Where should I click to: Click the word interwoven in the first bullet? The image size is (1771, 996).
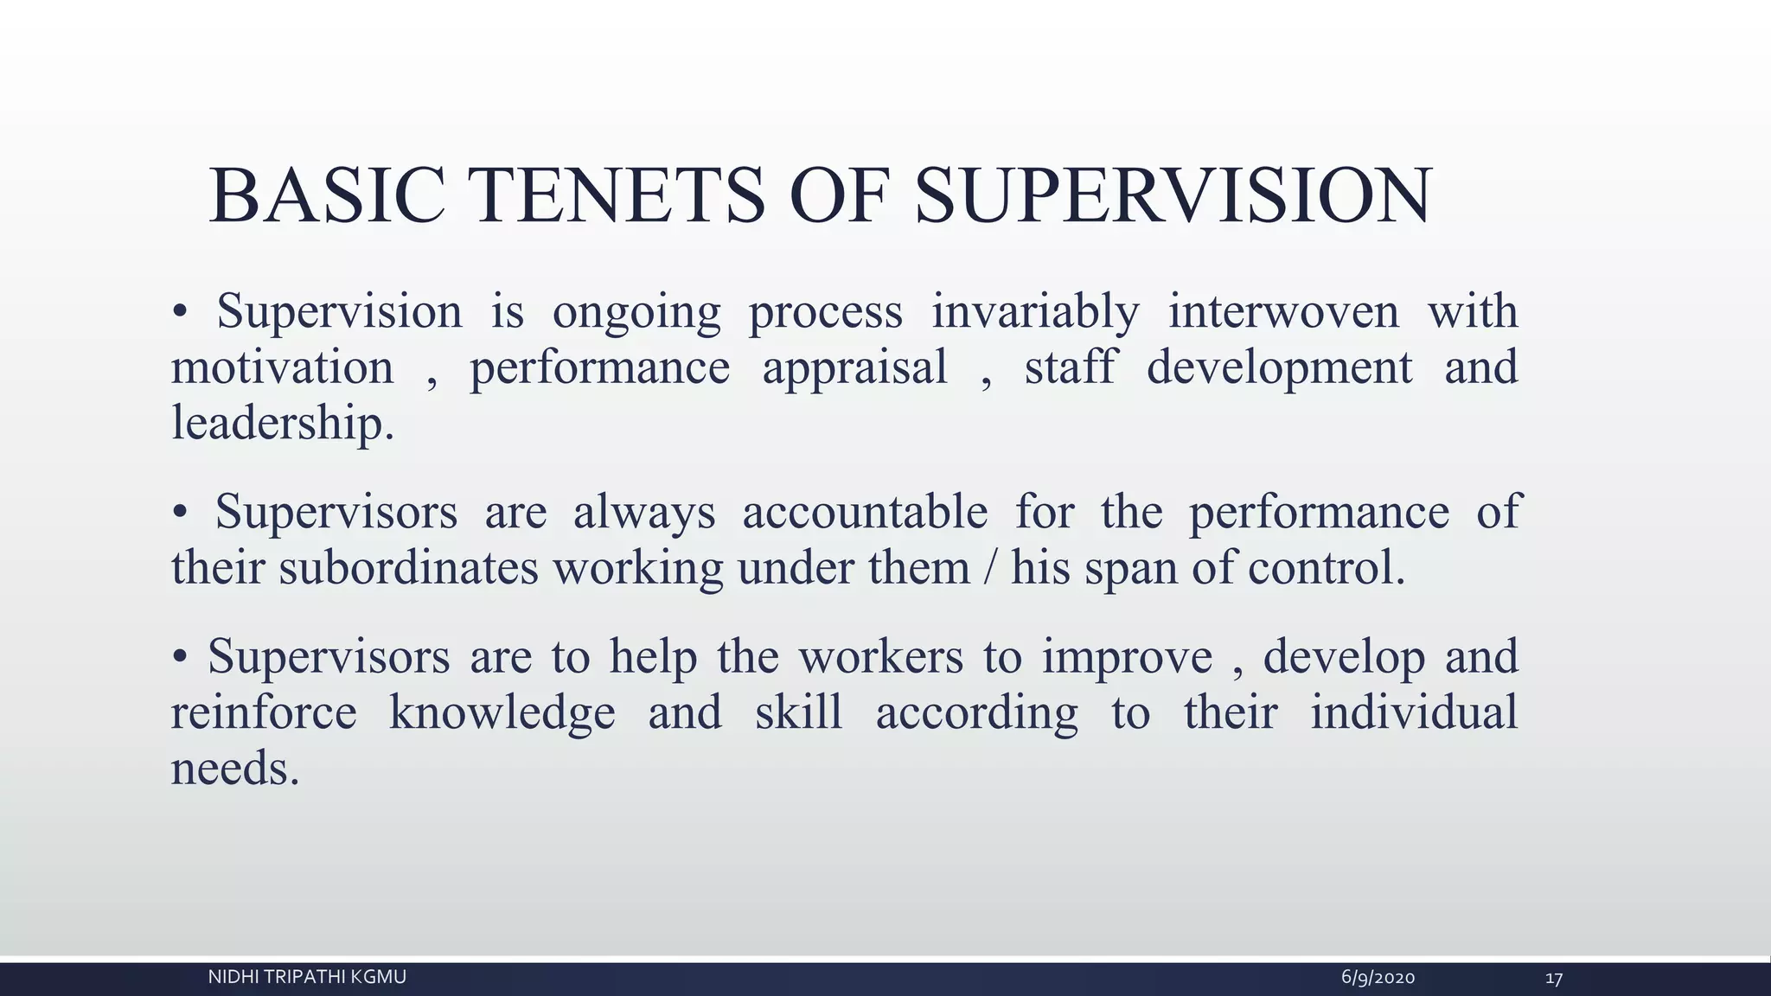1283,311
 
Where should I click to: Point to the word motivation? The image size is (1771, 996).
282,367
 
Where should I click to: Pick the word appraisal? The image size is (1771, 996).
854,367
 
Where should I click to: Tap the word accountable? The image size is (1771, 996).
865,512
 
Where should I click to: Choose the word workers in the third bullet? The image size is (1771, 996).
880,656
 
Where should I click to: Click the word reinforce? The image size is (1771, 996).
264,712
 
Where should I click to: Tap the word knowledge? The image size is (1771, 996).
502,712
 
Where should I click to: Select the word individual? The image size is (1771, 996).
1413,712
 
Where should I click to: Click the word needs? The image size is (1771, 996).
234,769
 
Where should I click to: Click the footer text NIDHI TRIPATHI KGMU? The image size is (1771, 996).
307,977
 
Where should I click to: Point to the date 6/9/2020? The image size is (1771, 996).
1378,978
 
